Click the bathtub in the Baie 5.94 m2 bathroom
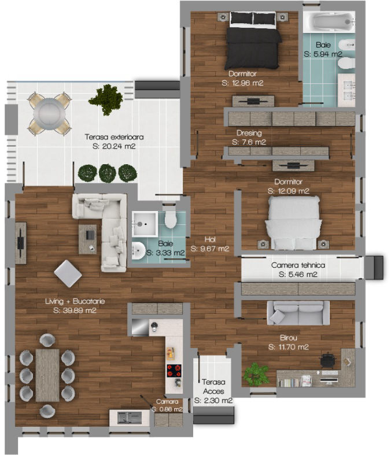329,22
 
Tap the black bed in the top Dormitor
253,40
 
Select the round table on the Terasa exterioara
50,114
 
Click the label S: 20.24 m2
114,146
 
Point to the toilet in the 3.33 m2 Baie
171,218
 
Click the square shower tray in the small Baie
145,224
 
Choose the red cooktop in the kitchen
174,371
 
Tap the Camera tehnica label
298,265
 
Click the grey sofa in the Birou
298,313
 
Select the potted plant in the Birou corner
256,375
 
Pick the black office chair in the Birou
329,360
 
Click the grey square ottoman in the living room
68,273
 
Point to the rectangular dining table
47,375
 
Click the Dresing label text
249,133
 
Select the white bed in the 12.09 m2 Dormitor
293,223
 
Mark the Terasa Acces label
213,387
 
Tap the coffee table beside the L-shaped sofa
88,239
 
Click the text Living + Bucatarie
75,301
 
